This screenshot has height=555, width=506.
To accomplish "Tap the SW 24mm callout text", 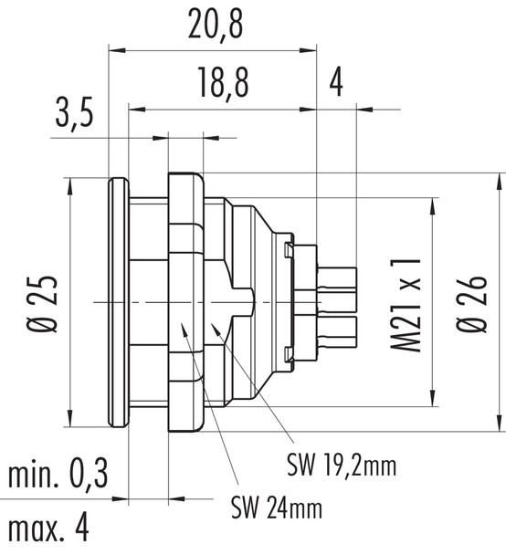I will [276, 503].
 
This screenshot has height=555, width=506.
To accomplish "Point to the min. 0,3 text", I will [58, 476].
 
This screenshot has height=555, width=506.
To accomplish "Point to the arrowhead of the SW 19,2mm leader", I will [214, 325].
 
